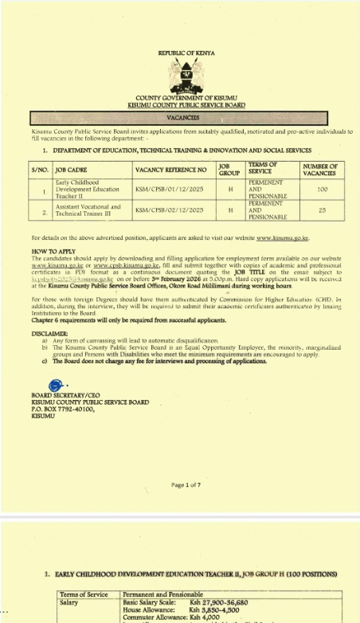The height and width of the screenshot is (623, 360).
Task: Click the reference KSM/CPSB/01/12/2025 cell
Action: [x=170, y=190]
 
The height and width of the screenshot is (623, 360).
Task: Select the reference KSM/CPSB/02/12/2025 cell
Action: [x=170, y=210]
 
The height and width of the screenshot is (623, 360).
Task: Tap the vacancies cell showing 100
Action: [x=321, y=190]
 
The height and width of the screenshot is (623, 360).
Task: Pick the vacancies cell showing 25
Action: [x=321, y=210]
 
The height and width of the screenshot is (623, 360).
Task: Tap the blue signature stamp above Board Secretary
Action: [x=57, y=386]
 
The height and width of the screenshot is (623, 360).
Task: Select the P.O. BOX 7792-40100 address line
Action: [x=66, y=408]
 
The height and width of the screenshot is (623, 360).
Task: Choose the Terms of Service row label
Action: [x=84, y=594]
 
